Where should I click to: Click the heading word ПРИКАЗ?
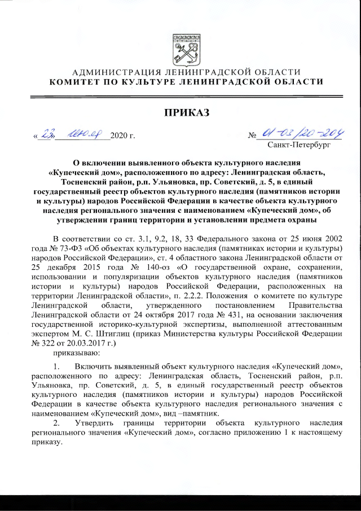(x=187, y=113)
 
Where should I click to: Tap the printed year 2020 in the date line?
(x=120, y=136)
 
